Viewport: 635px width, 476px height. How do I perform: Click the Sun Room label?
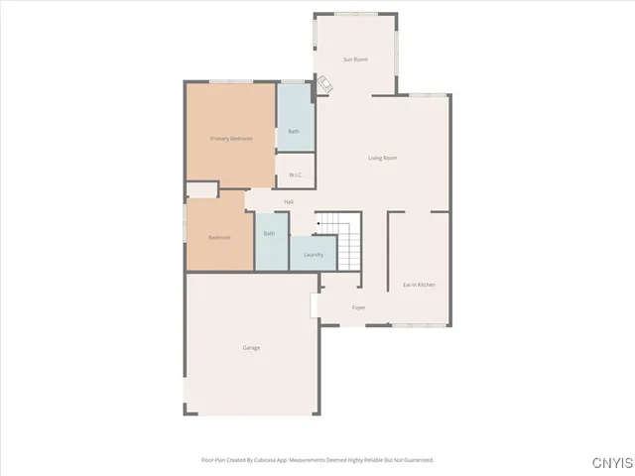tap(355, 59)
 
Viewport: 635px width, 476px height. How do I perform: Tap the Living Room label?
tap(382, 158)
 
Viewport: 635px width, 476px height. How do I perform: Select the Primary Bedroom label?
tap(231, 139)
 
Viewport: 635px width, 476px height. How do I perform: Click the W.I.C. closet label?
tap(295, 175)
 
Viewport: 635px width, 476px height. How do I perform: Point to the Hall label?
tap(289, 201)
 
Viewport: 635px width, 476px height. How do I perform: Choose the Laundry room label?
tap(313, 255)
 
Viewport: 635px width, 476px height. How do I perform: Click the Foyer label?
tap(358, 307)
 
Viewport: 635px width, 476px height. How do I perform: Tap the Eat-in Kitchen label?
tap(419, 285)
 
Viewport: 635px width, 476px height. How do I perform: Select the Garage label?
tap(251, 348)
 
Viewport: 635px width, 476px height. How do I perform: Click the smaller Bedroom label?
tap(219, 238)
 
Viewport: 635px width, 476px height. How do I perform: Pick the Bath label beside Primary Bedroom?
tap(294, 131)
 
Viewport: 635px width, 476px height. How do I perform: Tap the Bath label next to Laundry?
tap(269, 235)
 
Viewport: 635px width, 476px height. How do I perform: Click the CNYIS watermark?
tap(610, 463)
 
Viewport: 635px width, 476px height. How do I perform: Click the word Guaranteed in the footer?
tap(415, 459)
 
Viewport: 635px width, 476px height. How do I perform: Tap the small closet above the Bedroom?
tap(201, 188)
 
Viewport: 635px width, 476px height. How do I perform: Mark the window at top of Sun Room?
tap(353, 14)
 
